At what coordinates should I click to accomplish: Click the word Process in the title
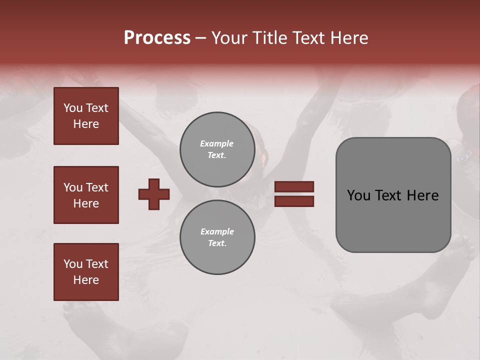pos(157,38)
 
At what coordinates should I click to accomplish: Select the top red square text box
pos(86,116)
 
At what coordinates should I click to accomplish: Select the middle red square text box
pos(86,195)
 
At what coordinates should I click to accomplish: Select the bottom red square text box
pos(86,272)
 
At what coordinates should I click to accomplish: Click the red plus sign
pos(154,194)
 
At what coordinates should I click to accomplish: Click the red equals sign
pos(294,194)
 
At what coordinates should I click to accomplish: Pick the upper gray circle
pos(217,149)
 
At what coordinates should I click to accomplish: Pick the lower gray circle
pos(217,237)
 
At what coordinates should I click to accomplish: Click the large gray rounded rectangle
pos(393,220)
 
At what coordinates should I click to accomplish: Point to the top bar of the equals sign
pos(294,186)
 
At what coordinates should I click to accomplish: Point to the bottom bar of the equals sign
pos(294,201)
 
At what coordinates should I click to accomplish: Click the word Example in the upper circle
pos(217,143)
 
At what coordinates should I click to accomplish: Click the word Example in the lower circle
pos(217,231)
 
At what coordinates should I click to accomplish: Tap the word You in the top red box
pos(72,108)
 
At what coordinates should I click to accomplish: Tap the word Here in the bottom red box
pos(86,280)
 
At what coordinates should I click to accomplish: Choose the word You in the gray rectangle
pos(358,195)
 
